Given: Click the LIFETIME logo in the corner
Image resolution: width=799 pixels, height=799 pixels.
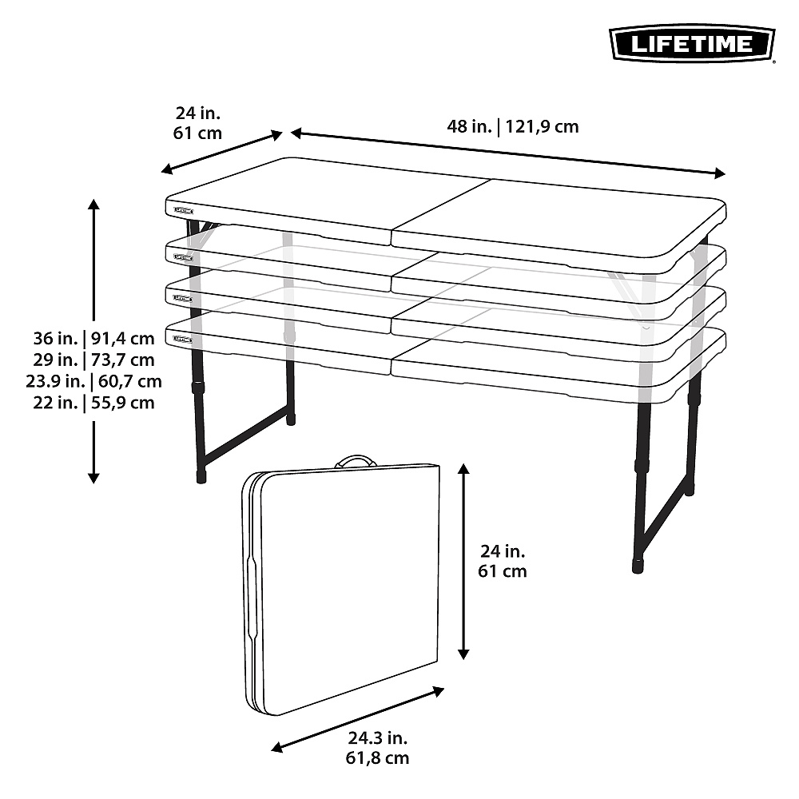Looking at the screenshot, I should [692, 43].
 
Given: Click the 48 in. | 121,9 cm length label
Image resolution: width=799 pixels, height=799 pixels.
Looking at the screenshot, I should [512, 125].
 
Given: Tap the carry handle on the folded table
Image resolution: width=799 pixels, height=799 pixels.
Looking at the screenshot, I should [356, 462].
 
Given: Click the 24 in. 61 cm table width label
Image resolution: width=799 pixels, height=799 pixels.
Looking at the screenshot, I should [197, 122].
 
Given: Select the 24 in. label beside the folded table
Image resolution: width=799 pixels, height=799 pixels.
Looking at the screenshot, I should [503, 560].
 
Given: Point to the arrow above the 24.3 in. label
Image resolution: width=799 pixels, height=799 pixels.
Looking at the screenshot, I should [358, 718].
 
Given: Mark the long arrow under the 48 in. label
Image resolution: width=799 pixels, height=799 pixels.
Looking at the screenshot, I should [508, 152].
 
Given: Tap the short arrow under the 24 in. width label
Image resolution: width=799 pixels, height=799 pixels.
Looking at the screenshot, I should [222, 152].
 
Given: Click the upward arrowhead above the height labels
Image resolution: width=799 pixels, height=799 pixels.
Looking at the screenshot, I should [94, 205].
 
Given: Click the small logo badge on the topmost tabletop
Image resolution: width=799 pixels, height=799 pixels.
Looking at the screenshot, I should [183, 212].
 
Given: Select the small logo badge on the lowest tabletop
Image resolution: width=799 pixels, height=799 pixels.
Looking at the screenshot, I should [183, 340].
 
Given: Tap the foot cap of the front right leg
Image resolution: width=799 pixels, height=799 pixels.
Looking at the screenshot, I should [637, 566].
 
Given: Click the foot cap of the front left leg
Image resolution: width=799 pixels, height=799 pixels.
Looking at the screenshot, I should [201, 475].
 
